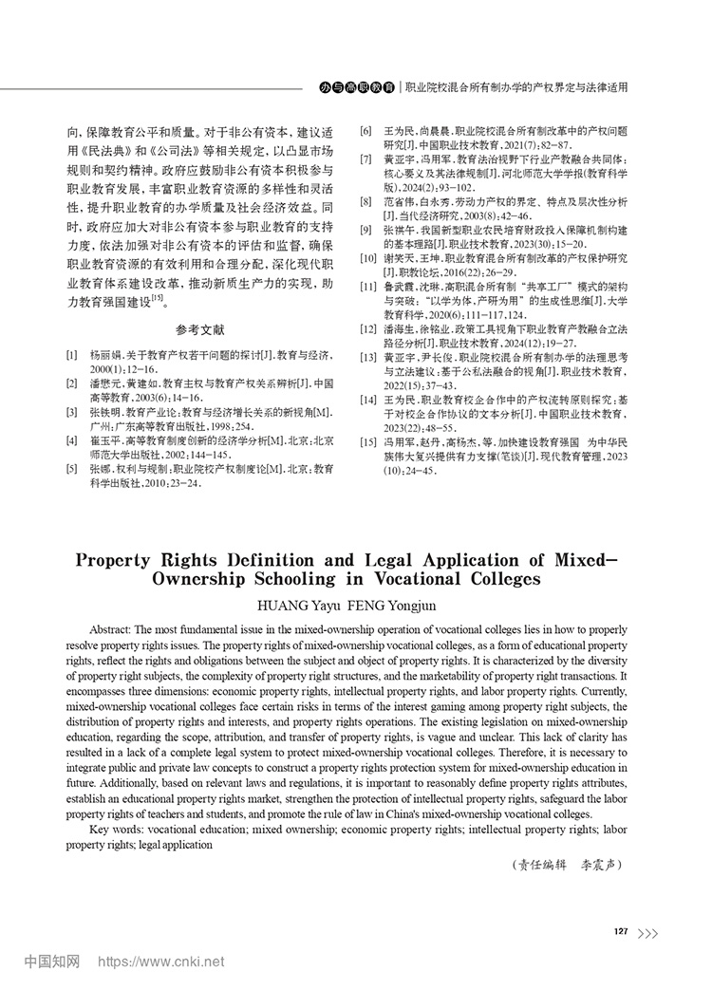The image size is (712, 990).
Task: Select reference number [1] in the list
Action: pos(72,353)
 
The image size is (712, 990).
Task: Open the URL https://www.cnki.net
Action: pos(161,962)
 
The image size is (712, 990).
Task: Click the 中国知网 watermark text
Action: pos(51,962)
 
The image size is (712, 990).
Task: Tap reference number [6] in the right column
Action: pos(364,129)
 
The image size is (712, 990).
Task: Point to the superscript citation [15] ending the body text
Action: pos(158,298)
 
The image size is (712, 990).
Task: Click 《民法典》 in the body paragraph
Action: pos(98,150)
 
